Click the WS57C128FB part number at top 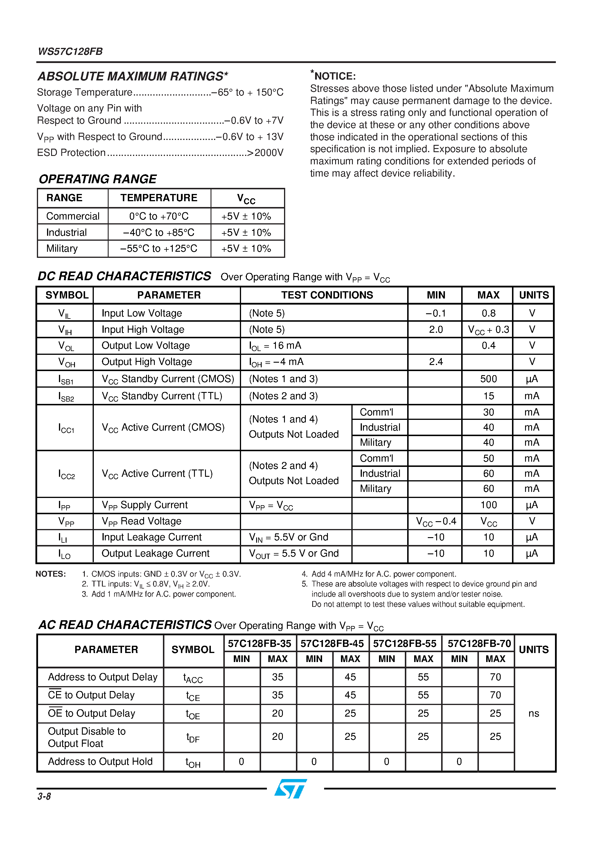click(x=70, y=51)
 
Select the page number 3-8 click(x=44, y=796)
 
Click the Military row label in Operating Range click(x=62, y=249)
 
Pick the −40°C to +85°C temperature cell click(x=159, y=233)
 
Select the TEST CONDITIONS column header click(x=327, y=295)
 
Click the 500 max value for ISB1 click(x=488, y=379)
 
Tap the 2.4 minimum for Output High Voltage click(x=436, y=362)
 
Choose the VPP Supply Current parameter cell click(x=145, y=505)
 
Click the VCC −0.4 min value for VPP click(x=436, y=521)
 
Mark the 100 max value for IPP click(x=488, y=505)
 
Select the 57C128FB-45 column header click(x=332, y=644)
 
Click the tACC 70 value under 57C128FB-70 click(x=495, y=677)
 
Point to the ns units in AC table click(x=533, y=713)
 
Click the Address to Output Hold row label click(x=100, y=761)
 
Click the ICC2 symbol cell click(x=66, y=474)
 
